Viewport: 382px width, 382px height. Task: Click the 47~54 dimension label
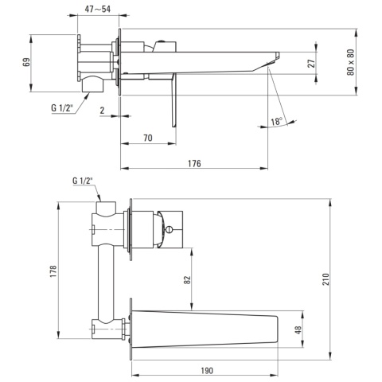point(97,9)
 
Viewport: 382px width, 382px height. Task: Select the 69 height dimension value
point(26,63)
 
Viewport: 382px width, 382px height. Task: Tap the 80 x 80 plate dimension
point(350,62)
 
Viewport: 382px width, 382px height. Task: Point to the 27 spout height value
point(311,64)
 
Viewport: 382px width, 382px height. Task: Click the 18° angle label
point(276,122)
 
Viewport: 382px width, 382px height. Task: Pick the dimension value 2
point(103,111)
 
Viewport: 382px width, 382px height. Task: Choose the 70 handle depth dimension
point(148,138)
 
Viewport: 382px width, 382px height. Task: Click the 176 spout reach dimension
point(194,163)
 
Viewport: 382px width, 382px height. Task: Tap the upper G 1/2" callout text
point(62,108)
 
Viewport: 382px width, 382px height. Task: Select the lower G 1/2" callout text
point(83,181)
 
